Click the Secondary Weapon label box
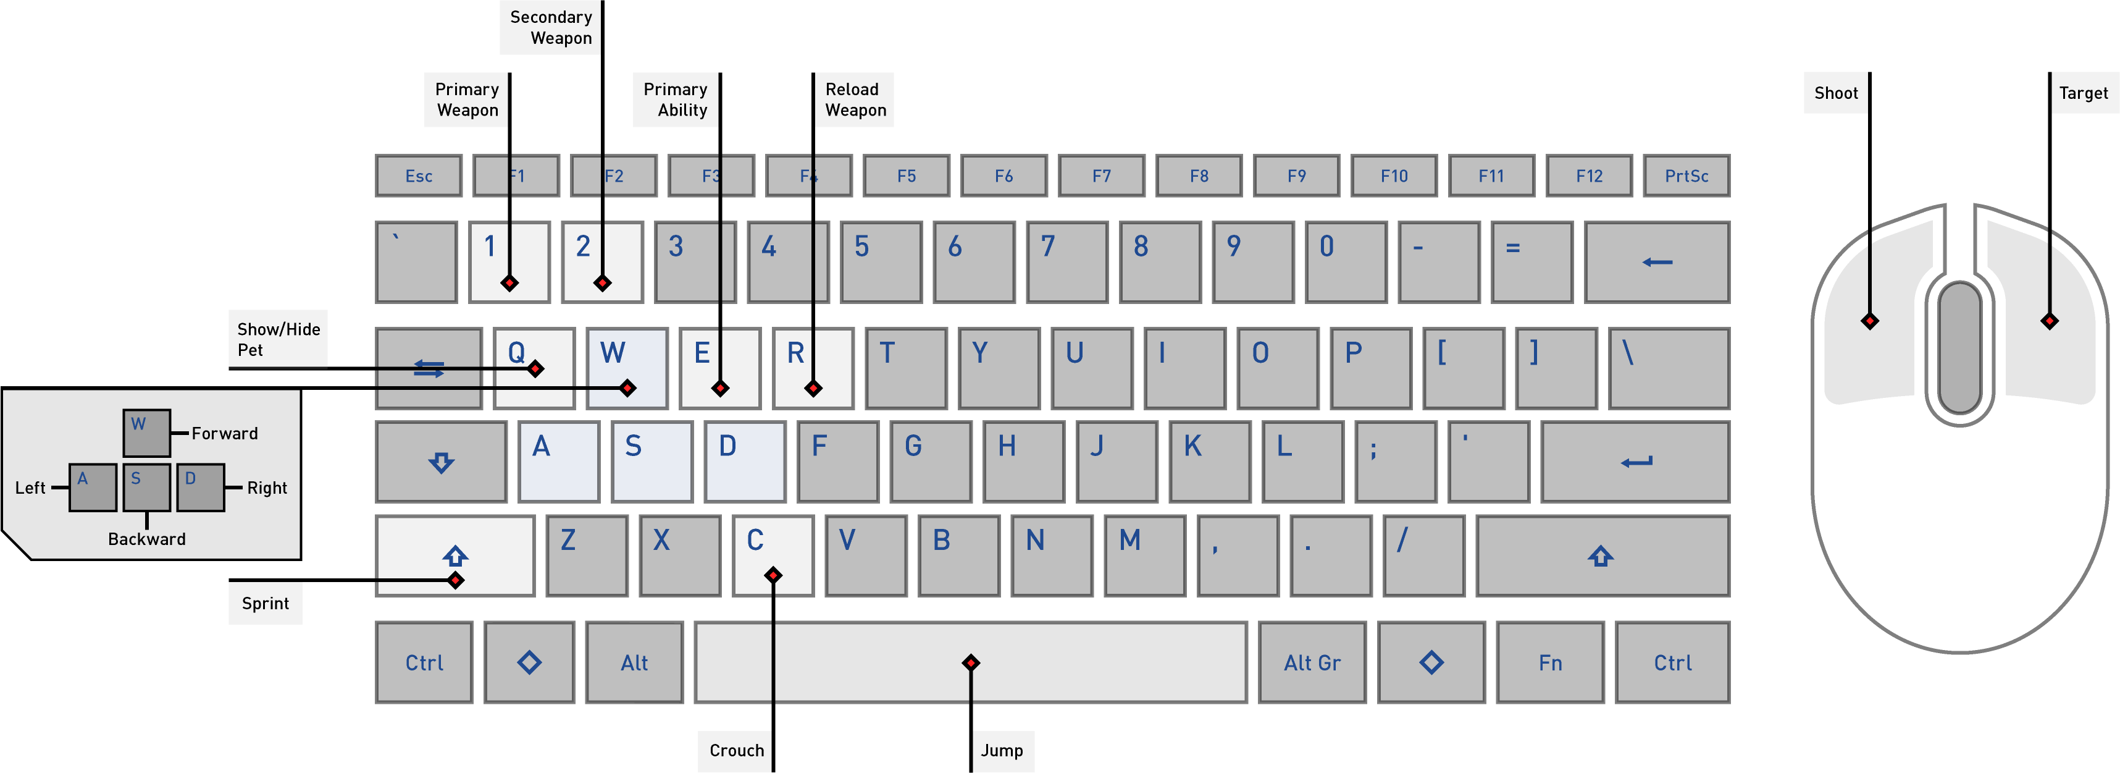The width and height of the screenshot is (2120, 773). (550, 27)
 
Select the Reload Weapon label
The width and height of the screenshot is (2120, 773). (854, 99)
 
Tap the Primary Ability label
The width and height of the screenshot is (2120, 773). (675, 99)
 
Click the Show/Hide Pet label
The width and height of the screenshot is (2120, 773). (277, 339)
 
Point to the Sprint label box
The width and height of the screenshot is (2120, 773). (265, 604)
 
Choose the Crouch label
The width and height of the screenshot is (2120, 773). (735, 751)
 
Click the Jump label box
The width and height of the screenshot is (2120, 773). (1002, 751)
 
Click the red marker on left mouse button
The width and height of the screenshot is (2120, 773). (1870, 321)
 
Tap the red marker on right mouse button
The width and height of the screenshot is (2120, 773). (2049, 321)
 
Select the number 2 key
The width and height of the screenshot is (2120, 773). (601, 262)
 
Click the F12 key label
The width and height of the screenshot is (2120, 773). (1588, 176)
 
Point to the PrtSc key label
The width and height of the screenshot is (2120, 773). (1686, 176)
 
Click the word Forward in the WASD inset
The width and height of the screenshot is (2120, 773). (225, 434)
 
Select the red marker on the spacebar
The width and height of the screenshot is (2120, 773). (971, 662)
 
